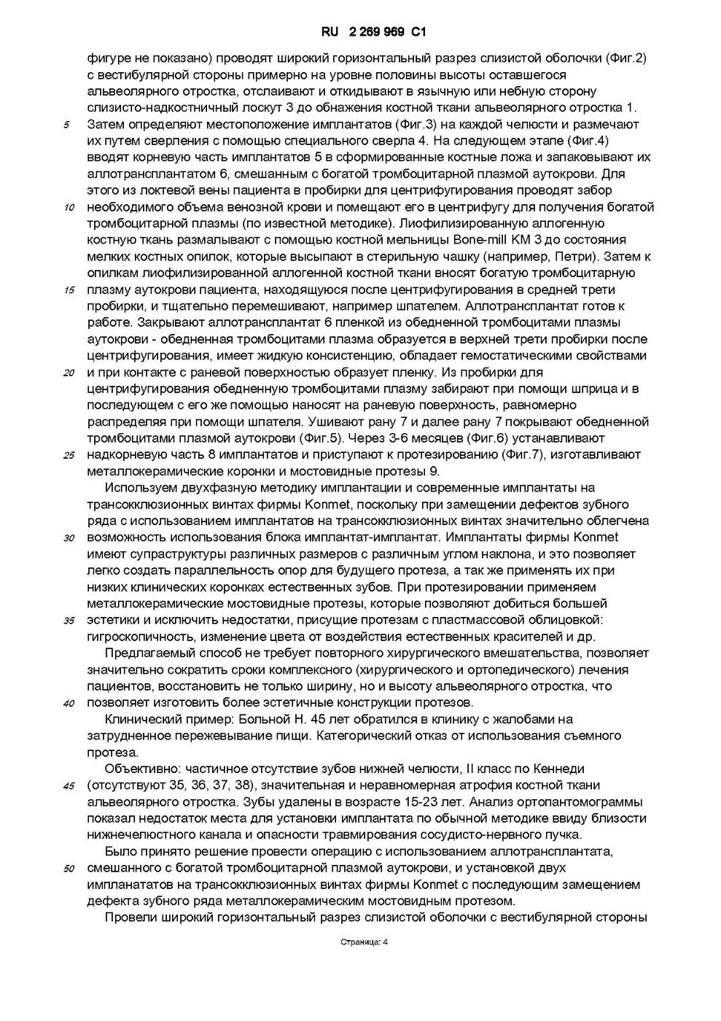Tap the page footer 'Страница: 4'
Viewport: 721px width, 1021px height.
tap(364, 942)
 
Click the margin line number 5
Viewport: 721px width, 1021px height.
tap(67, 125)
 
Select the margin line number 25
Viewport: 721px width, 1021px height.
tap(69, 456)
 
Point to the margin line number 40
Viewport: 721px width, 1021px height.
tap(69, 704)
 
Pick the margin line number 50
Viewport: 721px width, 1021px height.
tap(69, 869)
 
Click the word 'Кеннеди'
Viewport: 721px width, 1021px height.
tap(561, 769)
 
